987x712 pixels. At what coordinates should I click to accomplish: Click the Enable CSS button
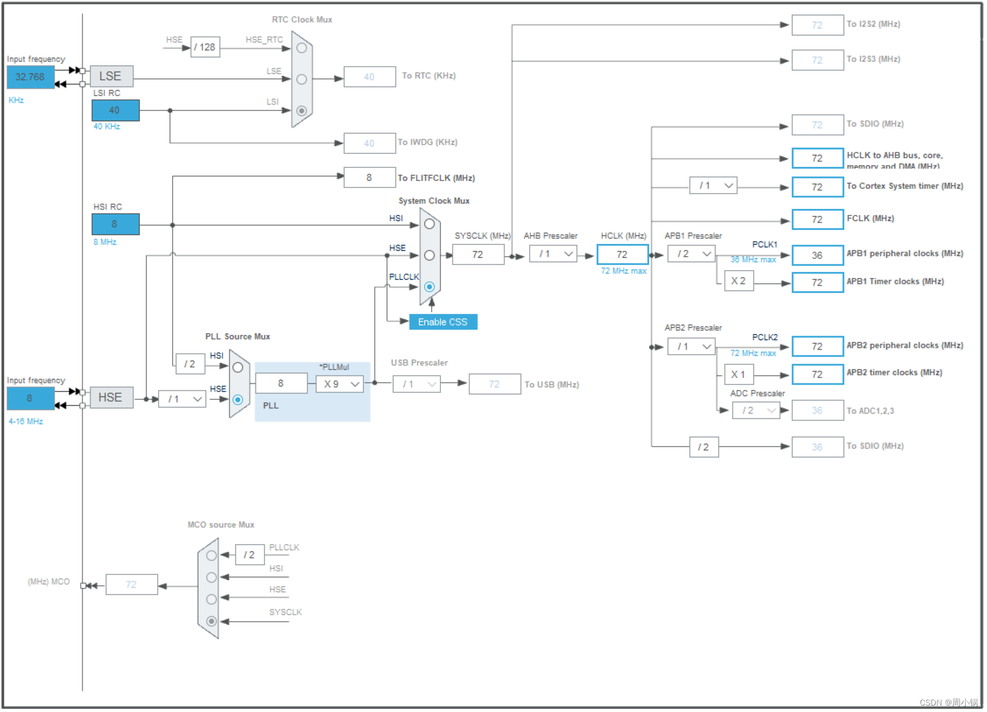(443, 322)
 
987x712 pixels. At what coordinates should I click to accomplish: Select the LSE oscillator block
(111, 76)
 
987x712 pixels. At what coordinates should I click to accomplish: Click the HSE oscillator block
(111, 397)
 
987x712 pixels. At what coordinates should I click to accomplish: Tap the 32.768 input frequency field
(30, 77)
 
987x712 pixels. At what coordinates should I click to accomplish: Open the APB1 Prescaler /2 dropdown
(692, 254)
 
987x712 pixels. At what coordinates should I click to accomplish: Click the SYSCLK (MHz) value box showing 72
(478, 254)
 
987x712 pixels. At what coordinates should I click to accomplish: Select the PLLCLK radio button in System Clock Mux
(429, 287)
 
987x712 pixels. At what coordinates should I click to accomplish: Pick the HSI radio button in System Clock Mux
(429, 224)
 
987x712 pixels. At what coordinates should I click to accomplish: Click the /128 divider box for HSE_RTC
(205, 47)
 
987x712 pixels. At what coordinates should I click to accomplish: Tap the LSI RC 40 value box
(115, 110)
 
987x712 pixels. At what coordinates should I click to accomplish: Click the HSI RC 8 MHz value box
(115, 224)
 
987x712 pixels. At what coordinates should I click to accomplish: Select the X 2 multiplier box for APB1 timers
(738, 281)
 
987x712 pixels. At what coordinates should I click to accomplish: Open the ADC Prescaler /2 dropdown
(757, 410)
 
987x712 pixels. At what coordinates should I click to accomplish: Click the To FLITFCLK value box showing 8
(369, 177)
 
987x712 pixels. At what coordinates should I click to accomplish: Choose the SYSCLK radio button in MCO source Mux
(212, 621)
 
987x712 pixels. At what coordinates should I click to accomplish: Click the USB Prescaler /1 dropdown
(416, 384)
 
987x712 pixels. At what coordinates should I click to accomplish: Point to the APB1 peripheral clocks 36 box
(817, 255)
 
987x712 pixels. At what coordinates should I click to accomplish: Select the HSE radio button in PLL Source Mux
(237, 400)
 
